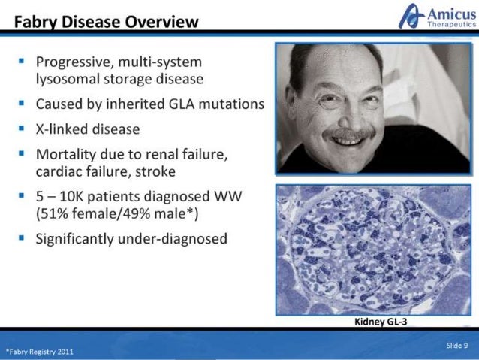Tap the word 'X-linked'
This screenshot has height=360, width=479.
tap(62, 129)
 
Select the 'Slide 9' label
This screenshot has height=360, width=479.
tap(456, 345)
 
